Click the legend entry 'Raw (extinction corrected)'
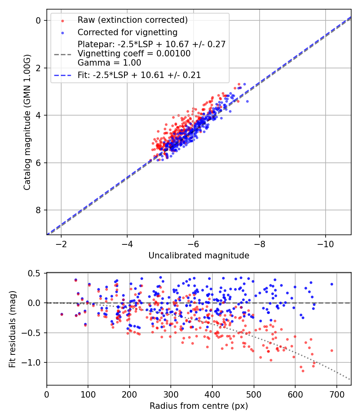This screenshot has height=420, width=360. (x=132, y=20)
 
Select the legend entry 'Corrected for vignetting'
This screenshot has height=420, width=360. (x=128, y=32)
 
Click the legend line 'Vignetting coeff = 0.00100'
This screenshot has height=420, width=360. (x=134, y=53)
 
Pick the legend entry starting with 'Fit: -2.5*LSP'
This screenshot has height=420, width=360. (x=139, y=75)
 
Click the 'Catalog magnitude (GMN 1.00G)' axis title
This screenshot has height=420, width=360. (x=27, y=122)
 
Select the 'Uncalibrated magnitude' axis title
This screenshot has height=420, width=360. (x=199, y=256)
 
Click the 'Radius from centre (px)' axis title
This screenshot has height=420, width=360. (x=199, y=406)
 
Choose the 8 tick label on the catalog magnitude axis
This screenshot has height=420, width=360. (x=38, y=210)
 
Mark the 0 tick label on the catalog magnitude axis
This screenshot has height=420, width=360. (x=38, y=20)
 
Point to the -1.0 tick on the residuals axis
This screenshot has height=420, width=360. (x=34, y=362)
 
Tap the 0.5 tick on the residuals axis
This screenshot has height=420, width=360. (x=36, y=273)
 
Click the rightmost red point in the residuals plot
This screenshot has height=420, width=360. (x=332, y=350)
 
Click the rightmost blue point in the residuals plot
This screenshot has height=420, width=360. (x=332, y=284)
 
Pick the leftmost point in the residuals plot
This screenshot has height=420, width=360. (x=62, y=314)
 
